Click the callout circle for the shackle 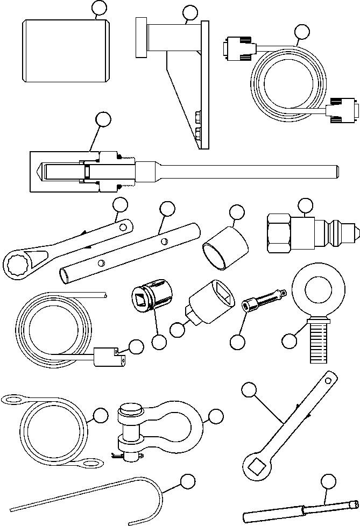[216, 415]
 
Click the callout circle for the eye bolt [290, 340]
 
